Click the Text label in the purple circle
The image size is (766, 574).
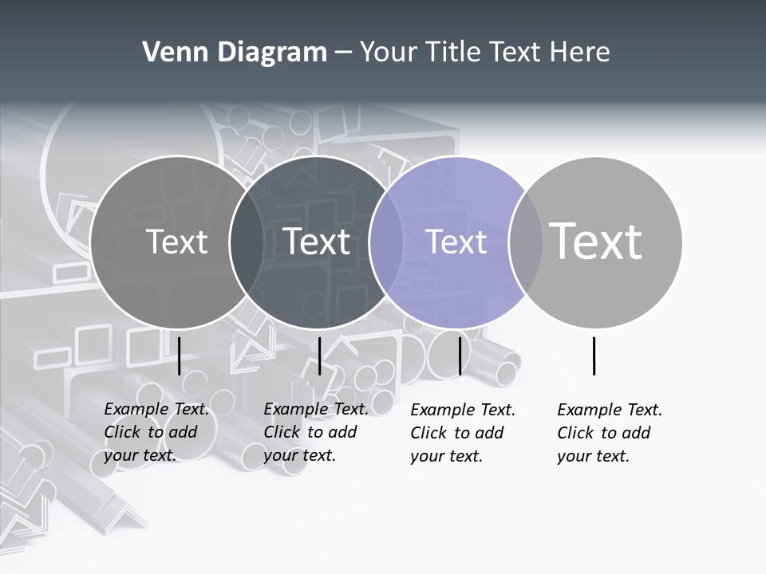pyautogui.click(x=456, y=242)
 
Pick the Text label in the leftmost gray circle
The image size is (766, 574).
pyautogui.click(x=176, y=242)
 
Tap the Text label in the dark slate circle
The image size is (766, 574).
pyautogui.click(x=317, y=242)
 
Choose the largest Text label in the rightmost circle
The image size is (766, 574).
pyautogui.click(x=596, y=241)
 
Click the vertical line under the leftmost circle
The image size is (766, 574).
pyautogui.click(x=180, y=356)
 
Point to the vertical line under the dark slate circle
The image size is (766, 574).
pyautogui.click(x=319, y=356)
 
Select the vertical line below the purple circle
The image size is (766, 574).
pyautogui.click(x=460, y=356)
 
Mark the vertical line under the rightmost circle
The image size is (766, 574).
pyautogui.click(x=594, y=356)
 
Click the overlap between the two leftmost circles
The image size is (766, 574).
pyautogui.click(x=247, y=242)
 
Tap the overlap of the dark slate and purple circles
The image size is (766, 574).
pyautogui.click(x=386, y=242)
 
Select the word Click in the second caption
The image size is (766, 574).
pyautogui.click(x=282, y=432)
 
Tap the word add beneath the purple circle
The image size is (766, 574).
pyautogui.click(x=488, y=433)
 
